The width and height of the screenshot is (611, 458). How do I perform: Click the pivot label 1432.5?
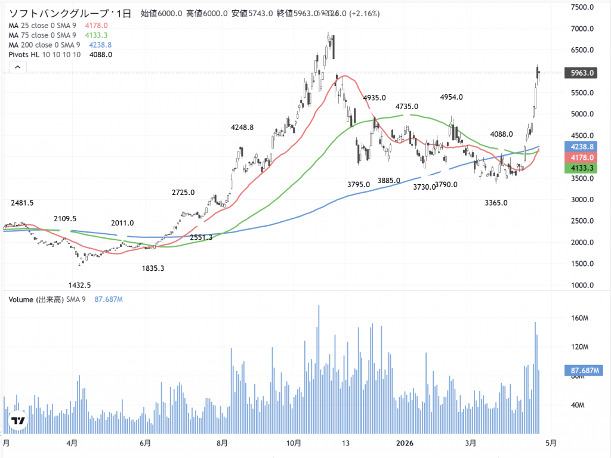coord(80,286)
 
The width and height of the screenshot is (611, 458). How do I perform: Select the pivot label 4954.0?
coord(452,97)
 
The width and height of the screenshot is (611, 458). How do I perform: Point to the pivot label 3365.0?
coord(496,203)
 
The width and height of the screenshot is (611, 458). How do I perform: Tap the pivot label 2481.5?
coord(22,203)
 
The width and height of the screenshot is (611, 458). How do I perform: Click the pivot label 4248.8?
coord(242,127)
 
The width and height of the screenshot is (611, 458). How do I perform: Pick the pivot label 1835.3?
coord(153,268)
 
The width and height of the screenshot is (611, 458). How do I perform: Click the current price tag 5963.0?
coord(581,73)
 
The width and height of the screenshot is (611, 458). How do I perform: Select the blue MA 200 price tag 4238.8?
coord(581,146)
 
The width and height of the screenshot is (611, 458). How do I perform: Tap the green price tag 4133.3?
coord(581,169)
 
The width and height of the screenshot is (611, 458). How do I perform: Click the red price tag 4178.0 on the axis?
coord(581,157)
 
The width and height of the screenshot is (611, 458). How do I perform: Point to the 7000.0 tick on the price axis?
coord(581,29)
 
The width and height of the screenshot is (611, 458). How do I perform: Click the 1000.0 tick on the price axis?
coord(581,285)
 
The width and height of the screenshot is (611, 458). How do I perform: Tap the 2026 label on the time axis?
coord(405,443)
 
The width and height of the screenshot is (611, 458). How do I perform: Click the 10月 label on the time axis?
coord(293,443)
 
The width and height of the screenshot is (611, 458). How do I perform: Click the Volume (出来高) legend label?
coord(37,299)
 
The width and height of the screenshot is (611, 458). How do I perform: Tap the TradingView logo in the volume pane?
coord(18,421)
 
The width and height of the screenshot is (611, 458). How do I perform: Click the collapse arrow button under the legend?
coord(17,68)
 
